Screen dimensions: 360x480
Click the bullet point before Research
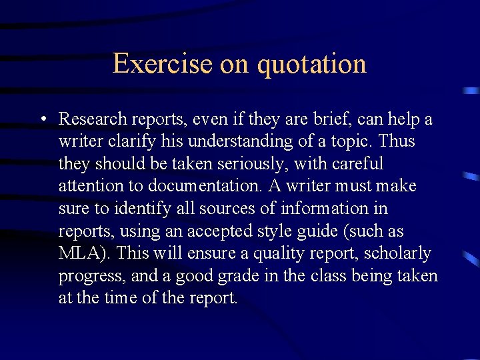42,119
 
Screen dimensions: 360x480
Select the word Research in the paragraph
93,119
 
